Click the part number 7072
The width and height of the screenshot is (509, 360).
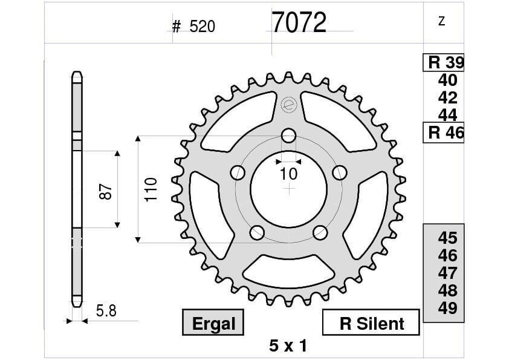click(x=299, y=24)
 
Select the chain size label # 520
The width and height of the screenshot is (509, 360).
click(x=193, y=27)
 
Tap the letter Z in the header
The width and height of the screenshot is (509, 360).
click(x=441, y=22)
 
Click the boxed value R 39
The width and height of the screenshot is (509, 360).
click(x=444, y=62)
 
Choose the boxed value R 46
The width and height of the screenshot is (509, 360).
click(x=444, y=133)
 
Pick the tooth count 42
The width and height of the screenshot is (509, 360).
click(x=447, y=98)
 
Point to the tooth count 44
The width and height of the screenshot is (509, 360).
click(x=447, y=115)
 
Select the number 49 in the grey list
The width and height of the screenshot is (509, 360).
click(x=447, y=309)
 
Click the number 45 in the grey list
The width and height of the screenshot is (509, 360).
click(x=447, y=238)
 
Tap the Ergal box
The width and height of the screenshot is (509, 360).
click(x=213, y=323)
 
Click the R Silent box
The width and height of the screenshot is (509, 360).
click(x=371, y=323)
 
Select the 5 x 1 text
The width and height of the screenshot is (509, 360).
click(x=288, y=346)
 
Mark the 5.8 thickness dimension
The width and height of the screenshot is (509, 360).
click(x=106, y=311)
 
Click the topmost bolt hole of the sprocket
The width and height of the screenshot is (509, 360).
click(x=289, y=135)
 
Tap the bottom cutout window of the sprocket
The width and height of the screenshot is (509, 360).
click(x=289, y=270)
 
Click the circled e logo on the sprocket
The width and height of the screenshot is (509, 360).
click(x=288, y=105)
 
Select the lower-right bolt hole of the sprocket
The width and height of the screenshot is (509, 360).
click(x=320, y=232)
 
